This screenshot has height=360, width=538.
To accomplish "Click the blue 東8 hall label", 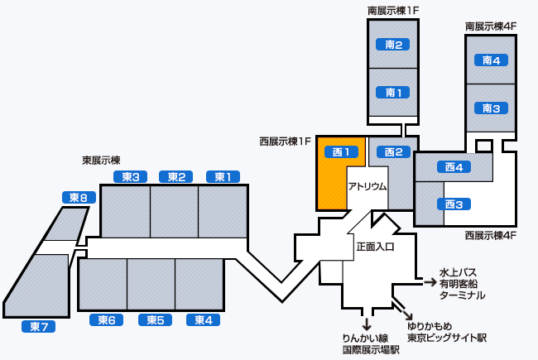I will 79,197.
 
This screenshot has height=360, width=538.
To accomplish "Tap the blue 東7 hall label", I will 38,327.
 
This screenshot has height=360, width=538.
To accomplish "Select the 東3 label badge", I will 130,176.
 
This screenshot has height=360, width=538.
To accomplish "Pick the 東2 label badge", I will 175,176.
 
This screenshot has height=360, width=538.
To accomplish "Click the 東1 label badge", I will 223,176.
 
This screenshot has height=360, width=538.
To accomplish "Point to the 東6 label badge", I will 106,320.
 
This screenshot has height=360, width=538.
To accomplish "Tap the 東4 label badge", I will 203,320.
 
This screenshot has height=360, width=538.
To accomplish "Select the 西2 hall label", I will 392,151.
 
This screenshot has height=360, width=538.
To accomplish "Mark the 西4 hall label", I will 453,167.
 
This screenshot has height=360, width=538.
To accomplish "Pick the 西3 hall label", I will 453,204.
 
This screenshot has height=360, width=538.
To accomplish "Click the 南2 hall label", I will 393,45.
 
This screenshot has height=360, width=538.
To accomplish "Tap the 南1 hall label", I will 393,92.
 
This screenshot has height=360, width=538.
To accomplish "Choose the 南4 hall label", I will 491,60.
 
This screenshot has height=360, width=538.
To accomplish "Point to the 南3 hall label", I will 491,108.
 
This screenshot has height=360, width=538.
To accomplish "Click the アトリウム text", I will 367,187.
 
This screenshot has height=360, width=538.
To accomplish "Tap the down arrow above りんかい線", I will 366,323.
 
